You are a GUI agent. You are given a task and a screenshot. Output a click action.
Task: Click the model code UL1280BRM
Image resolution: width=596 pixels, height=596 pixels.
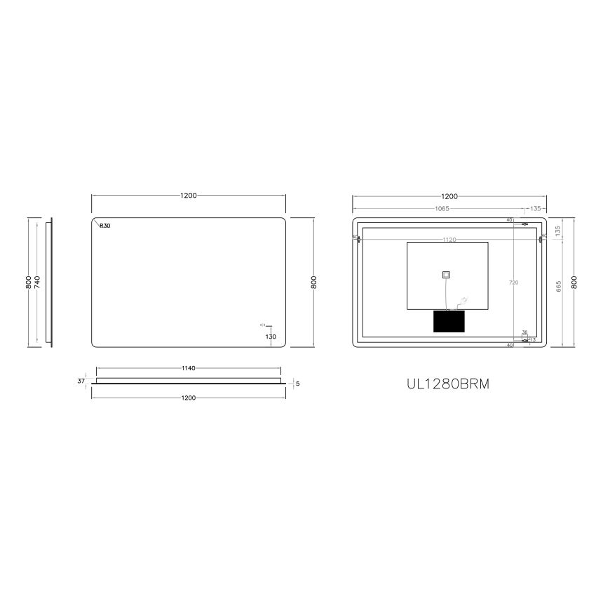point(449,384)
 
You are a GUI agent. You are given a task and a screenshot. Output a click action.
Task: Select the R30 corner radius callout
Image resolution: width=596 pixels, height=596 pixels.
point(105,226)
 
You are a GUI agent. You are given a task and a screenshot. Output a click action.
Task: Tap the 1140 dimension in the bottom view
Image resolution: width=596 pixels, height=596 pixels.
point(188,367)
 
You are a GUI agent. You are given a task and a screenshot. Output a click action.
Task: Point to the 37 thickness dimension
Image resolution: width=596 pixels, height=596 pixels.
point(81,381)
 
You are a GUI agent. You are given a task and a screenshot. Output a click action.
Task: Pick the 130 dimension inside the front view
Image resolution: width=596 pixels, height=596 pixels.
point(271,337)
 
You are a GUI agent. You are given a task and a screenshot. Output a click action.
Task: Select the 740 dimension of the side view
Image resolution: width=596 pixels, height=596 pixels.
point(37,282)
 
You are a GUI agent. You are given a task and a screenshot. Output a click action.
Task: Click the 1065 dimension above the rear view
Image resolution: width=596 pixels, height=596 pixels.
point(440,208)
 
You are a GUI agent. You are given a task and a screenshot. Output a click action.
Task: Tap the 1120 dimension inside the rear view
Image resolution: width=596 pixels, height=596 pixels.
point(449,240)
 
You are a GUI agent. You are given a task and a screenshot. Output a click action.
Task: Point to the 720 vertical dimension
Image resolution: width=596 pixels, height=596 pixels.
point(513,282)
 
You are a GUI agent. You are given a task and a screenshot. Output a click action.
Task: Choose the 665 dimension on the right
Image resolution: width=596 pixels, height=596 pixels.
point(559,286)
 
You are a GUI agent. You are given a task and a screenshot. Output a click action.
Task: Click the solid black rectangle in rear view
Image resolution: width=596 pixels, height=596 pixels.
point(449,322)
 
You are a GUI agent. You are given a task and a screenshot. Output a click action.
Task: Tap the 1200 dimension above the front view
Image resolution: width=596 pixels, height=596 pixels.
point(188,196)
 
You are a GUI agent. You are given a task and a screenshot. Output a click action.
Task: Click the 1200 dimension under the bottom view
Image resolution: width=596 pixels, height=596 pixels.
point(188,397)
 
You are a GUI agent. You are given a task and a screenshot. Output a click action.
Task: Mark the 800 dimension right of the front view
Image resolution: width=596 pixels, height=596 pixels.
point(314,282)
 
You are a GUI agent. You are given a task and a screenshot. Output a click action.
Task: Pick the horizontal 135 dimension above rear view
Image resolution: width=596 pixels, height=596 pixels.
point(536,208)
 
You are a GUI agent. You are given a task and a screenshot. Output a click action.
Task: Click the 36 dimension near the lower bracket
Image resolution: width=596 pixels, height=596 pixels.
point(524,332)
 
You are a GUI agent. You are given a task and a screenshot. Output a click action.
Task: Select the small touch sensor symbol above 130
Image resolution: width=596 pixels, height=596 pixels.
point(264,325)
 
